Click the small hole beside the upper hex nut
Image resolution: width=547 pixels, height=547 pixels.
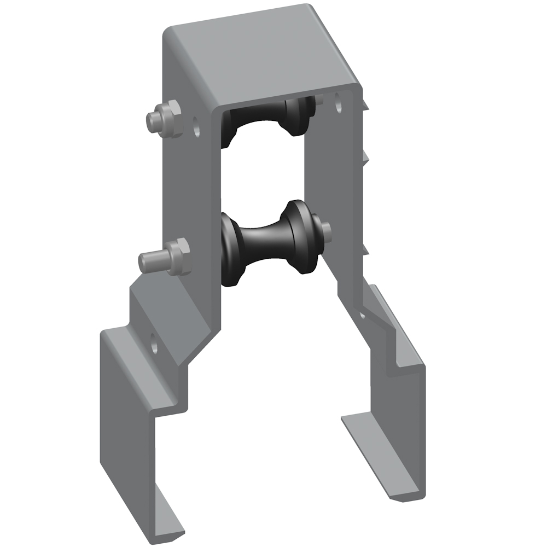(x=196, y=126)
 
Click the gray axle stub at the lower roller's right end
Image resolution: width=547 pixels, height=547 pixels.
(x=326, y=229)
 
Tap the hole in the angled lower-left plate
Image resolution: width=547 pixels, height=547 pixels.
(x=155, y=345)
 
